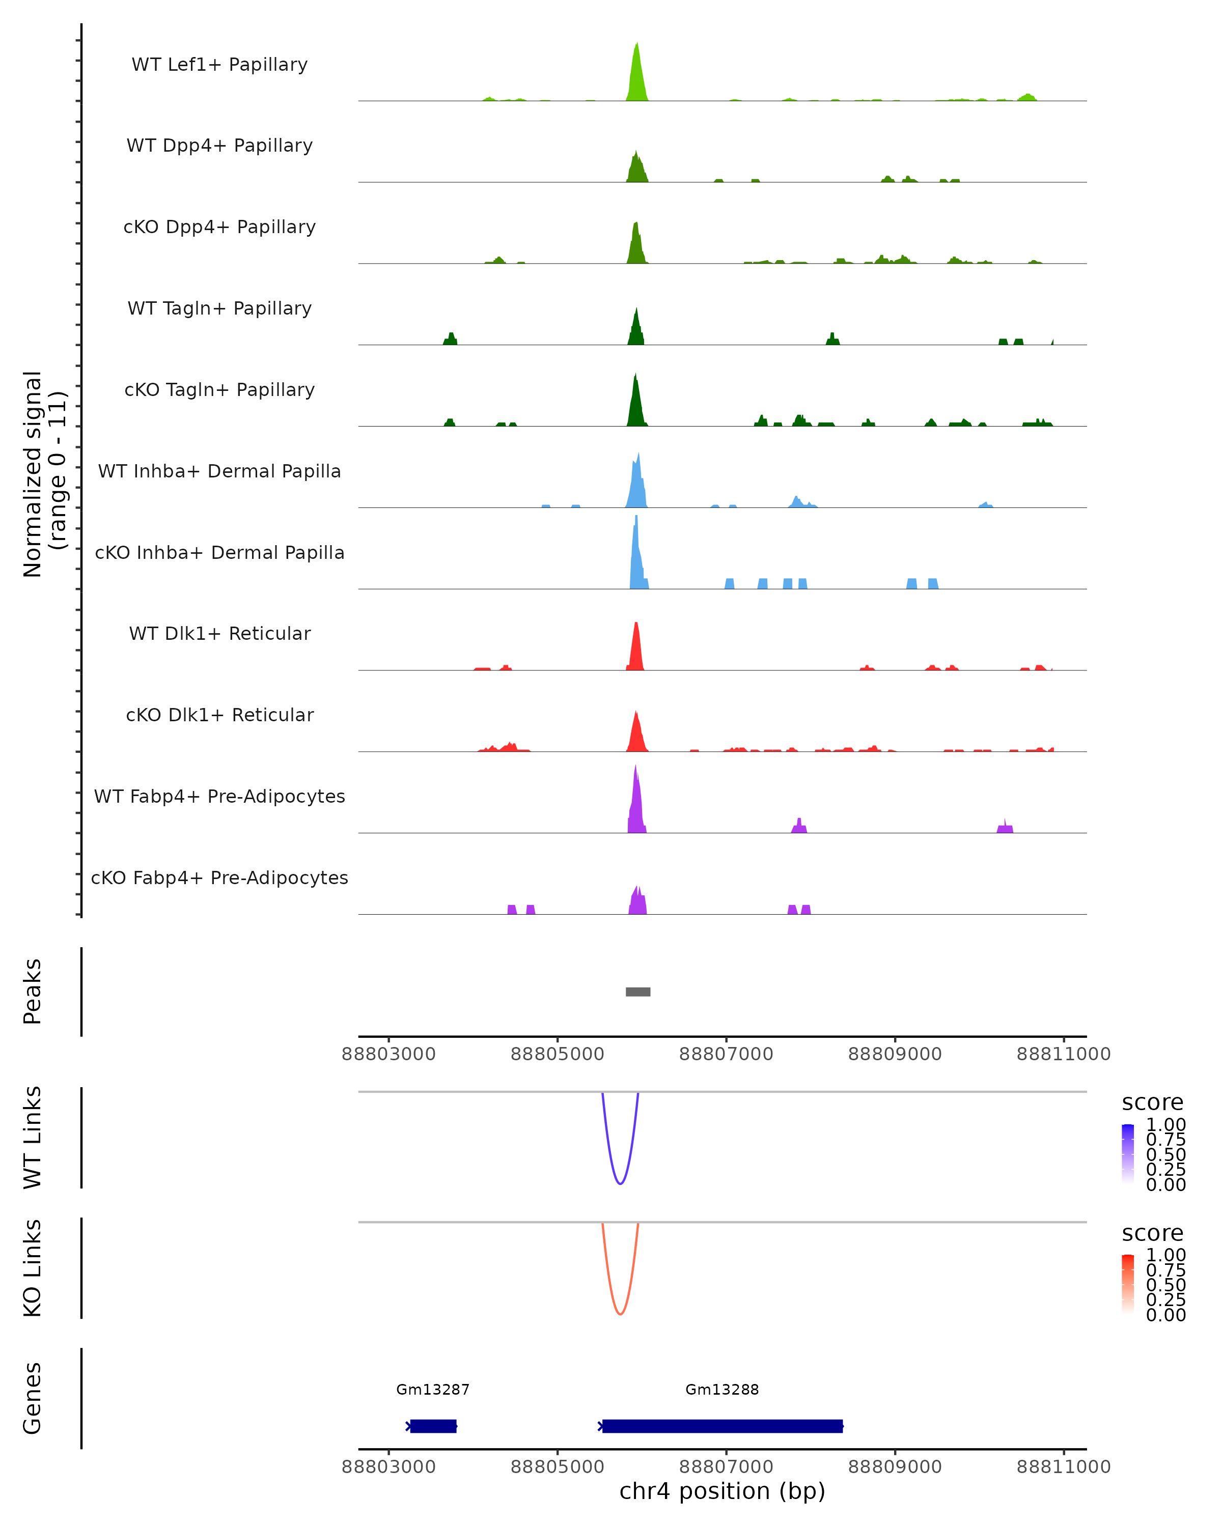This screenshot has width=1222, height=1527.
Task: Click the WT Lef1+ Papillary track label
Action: [x=219, y=65]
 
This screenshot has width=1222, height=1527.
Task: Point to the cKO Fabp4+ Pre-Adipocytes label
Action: [x=219, y=878]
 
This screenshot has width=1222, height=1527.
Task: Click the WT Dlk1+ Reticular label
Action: [x=219, y=633]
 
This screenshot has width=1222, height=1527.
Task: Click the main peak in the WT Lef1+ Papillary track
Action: [x=637, y=78]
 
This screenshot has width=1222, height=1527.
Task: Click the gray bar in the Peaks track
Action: [x=637, y=992]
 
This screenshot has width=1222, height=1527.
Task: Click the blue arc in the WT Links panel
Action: [x=620, y=1183]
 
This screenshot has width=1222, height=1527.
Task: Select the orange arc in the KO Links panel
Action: [x=620, y=1314]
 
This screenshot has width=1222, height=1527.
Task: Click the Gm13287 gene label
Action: [x=433, y=1390]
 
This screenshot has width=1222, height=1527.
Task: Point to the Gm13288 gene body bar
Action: [x=723, y=1426]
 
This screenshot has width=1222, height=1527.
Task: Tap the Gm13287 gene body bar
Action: [x=433, y=1426]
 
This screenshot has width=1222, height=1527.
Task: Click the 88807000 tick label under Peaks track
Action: [x=726, y=1055]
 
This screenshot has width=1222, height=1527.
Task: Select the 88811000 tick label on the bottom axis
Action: [x=1063, y=1467]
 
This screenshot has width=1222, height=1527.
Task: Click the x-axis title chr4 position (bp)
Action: [x=722, y=1491]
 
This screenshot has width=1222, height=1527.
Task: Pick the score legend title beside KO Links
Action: [x=1153, y=1233]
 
